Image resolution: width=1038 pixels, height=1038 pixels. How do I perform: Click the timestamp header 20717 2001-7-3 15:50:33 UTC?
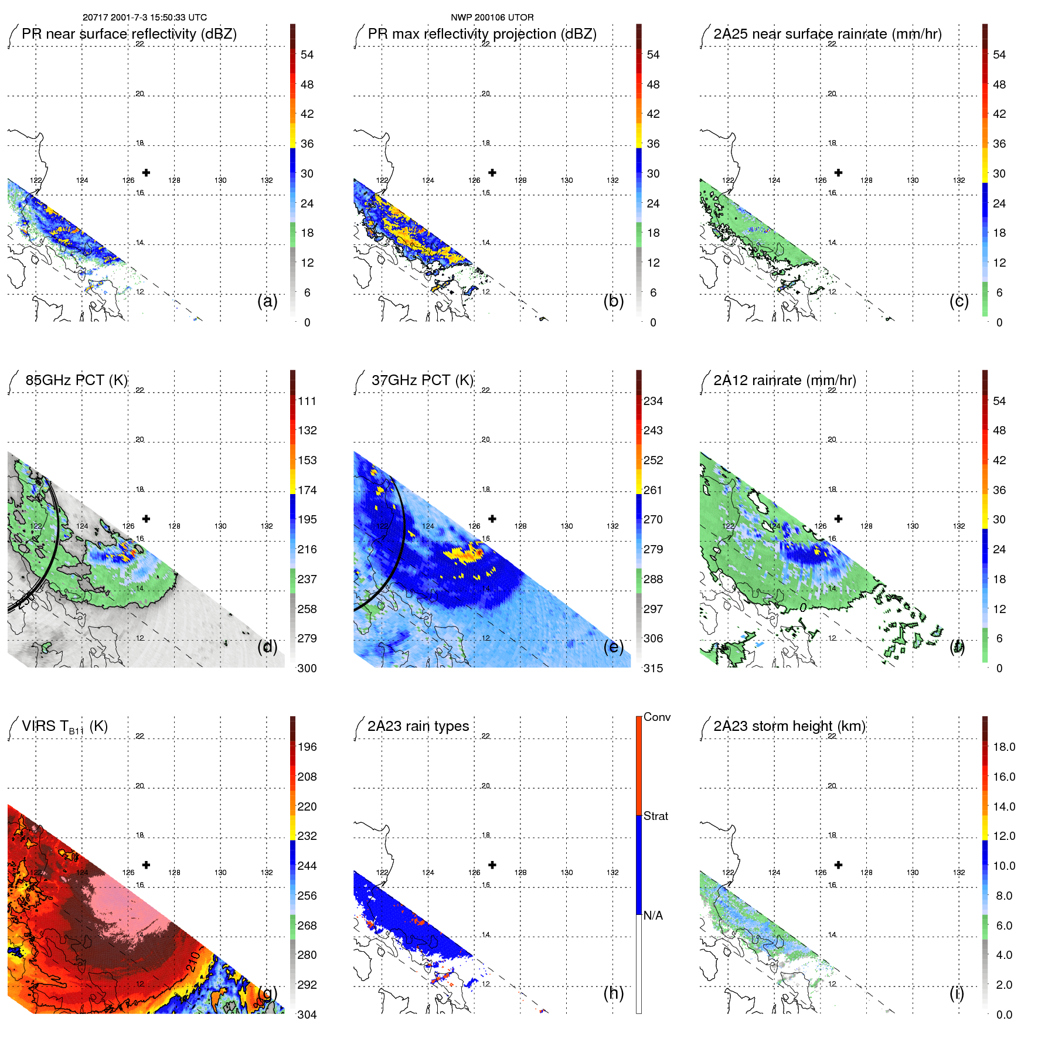pyautogui.click(x=144, y=18)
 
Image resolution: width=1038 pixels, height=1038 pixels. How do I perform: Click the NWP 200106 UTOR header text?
pyautogui.click(x=492, y=18)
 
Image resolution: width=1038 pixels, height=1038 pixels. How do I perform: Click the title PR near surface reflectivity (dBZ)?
pyautogui.click(x=129, y=34)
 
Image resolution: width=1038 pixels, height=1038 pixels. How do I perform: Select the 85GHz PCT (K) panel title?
pyautogui.click(x=76, y=380)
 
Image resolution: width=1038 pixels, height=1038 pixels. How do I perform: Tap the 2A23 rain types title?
pyautogui.click(x=418, y=726)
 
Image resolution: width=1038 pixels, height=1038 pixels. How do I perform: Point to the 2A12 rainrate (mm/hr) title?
pyautogui.click(x=784, y=380)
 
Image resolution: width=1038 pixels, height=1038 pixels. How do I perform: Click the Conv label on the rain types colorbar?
pyautogui.click(x=656, y=717)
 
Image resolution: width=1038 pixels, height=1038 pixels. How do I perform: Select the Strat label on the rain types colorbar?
pyautogui.click(x=655, y=816)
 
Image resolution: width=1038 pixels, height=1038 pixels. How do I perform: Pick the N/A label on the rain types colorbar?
pyautogui.click(x=653, y=916)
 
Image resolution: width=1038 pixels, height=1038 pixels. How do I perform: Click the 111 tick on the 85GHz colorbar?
pyautogui.click(x=307, y=401)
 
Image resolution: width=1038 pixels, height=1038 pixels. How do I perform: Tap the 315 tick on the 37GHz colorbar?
pyautogui.click(x=653, y=668)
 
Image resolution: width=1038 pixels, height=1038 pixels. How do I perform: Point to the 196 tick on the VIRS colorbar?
pyautogui.click(x=307, y=747)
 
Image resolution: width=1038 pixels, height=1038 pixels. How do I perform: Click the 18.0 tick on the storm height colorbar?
pyautogui.click(x=1003, y=747)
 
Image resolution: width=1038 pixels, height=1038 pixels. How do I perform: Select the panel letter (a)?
pyautogui.click(x=267, y=301)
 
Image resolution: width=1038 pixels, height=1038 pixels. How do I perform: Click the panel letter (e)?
pyautogui.click(x=613, y=646)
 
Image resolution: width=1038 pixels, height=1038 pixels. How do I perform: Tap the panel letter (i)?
pyautogui.click(x=956, y=993)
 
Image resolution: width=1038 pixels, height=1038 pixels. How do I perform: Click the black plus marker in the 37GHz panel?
pyautogui.click(x=492, y=519)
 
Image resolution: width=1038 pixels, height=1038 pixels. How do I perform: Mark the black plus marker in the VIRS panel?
pyautogui.click(x=146, y=865)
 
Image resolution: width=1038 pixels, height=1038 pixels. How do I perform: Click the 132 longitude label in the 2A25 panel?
pyautogui.click(x=958, y=181)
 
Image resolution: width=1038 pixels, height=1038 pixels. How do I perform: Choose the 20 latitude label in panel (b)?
pyautogui.click(x=485, y=94)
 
